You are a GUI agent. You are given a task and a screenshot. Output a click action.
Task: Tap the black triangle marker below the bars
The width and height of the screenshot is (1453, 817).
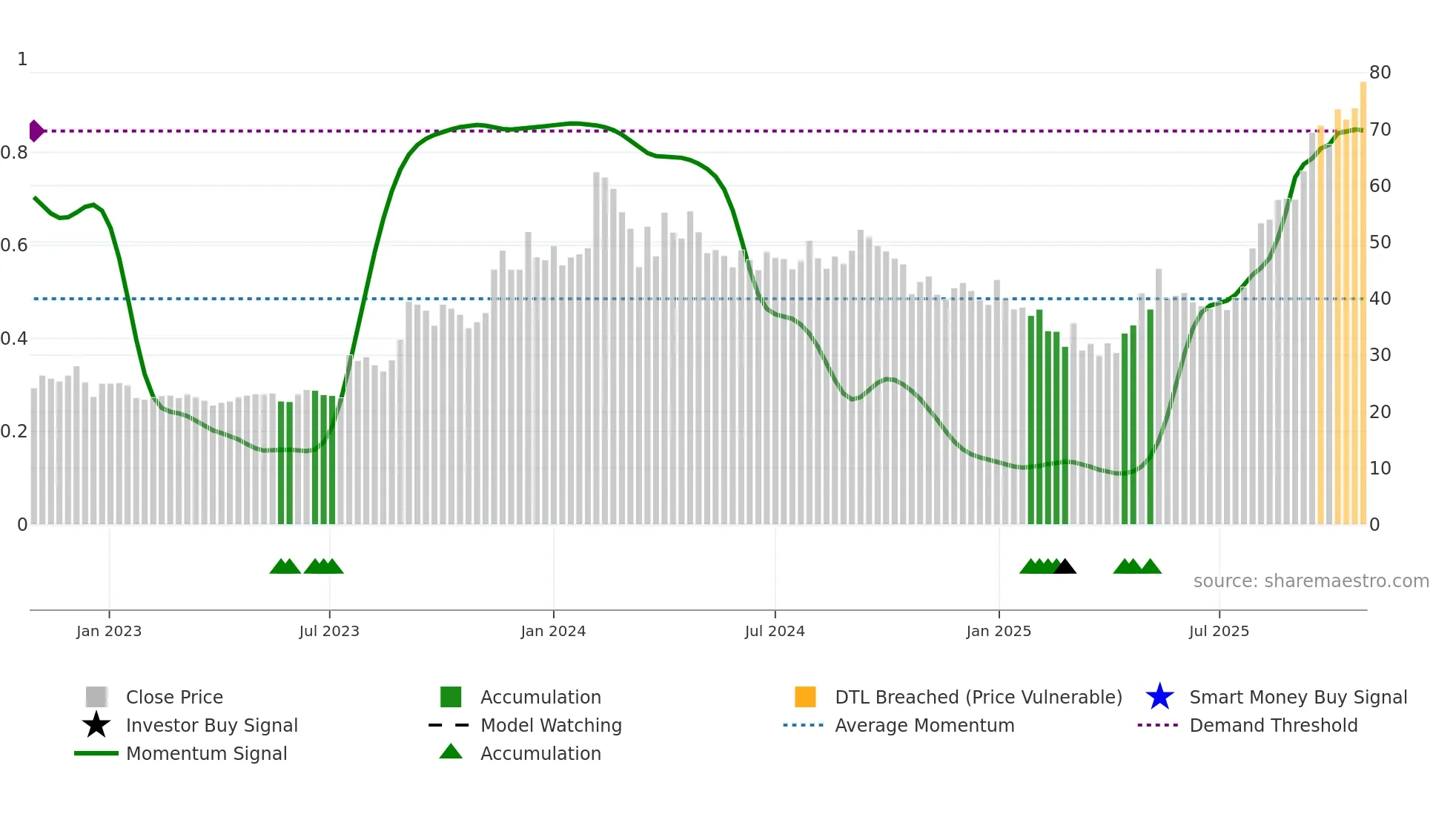click(x=1065, y=567)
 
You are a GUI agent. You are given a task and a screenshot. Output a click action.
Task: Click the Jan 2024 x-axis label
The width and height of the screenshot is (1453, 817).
click(x=553, y=632)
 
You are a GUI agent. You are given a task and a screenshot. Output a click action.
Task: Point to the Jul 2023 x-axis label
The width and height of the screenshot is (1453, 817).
click(x=329, y=632)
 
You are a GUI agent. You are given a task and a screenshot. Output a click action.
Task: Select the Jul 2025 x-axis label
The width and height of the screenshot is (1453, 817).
click(x=1219, y=632)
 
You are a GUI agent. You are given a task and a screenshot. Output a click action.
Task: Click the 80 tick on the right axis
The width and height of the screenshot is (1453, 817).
click(x=1380, y=73)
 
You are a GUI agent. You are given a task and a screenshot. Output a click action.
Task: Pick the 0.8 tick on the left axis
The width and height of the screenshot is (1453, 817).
click(x=14, y=153)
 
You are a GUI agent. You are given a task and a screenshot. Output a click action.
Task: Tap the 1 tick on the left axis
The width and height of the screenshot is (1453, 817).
click(x=22, y=59)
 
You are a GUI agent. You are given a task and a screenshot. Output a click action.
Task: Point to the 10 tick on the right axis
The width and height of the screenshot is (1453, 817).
click(x=1380, y=469)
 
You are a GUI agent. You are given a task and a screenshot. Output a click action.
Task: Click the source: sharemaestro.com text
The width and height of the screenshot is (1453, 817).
click(x=1311, y=581)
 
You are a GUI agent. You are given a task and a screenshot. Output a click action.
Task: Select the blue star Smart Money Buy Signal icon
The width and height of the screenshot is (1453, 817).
click(x=1159, y=697)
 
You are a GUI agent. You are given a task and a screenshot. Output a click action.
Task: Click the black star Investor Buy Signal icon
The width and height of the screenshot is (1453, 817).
click(x=96, y=725)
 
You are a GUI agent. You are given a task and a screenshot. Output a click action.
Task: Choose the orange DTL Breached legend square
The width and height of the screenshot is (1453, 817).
click(x=805, y=697)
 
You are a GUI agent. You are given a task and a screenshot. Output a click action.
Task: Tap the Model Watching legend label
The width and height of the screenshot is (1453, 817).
click(x=551, y=725)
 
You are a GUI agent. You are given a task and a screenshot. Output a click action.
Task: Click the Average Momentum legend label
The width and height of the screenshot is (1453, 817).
click(x=924, y=725)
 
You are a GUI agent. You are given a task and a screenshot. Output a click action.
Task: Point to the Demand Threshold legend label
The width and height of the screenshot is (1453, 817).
click(x=1273, y=725)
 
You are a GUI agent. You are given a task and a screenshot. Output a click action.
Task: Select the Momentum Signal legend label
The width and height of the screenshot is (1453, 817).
click(x=206, y=753)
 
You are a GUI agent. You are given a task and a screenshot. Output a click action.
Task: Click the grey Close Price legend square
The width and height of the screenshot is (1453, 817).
click(x=96, y=697)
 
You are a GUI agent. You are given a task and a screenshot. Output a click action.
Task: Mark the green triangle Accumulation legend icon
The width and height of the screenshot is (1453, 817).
click(x=451, y=752)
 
